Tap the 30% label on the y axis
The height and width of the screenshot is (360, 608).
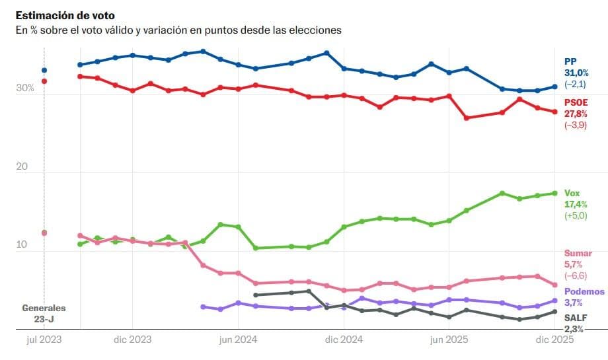pos(25,88)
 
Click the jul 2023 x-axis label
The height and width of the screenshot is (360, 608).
pos(44,340)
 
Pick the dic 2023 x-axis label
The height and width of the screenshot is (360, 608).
pos(133,340)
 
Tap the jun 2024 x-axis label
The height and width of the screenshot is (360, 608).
pos(237,340)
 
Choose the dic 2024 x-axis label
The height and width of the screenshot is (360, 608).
pos(344,340)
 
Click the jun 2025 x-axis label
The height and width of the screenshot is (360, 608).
pos(449,340)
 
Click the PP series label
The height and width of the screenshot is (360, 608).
pos(570,61)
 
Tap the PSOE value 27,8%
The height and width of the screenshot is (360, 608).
pos(576,114)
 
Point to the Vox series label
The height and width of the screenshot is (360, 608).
pos(572,192)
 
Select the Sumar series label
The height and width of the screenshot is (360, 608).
pos(578,253)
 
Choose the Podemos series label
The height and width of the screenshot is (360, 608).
pos(584,291)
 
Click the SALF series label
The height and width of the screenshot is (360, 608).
pos(576,317)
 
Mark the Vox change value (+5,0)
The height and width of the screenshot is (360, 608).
pos(576,215)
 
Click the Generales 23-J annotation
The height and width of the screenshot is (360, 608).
pos(44,313)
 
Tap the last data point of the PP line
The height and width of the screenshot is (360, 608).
pos(555,87)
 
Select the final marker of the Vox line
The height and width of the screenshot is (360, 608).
pos(555,193)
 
